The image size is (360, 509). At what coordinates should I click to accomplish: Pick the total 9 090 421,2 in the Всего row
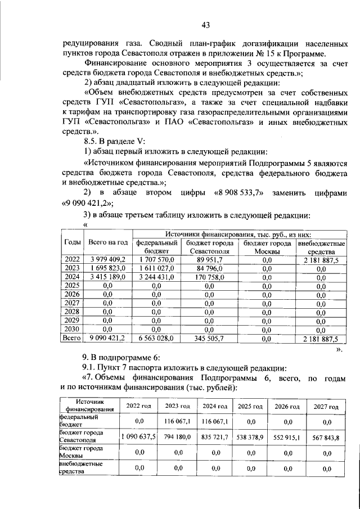[x=107, y=339]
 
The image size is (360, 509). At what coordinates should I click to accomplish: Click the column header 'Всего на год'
[x=107, y=242]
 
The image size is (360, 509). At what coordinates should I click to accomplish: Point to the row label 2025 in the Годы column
[x=72, y=286]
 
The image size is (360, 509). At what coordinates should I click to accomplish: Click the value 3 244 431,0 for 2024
[x=155, y=277]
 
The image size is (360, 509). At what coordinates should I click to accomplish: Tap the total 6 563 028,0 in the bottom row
[x=155, y=339]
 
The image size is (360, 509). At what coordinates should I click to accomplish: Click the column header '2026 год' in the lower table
[x=286, y=406]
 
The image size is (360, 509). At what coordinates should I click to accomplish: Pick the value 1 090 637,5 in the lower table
[x=138, y=436]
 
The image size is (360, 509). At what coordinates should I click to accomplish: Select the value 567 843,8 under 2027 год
[x=326, y=436]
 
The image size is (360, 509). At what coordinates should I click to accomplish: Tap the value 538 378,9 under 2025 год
[x=250, y=436]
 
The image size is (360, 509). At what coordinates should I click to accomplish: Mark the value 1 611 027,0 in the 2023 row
[x=155, y=268]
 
